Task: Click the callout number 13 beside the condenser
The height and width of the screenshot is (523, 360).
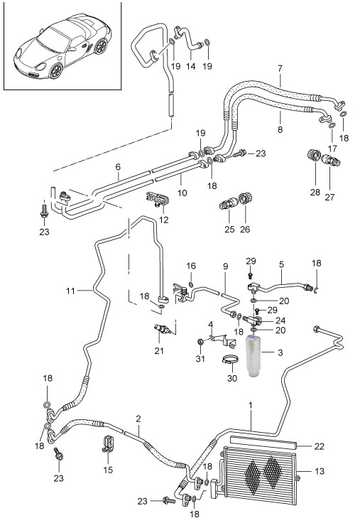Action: [x=319, y=471]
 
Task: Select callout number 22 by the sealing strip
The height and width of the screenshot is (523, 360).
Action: [x=320, y=446]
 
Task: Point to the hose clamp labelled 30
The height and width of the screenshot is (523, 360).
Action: [x=229, y=360]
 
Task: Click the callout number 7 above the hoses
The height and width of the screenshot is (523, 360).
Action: [x=280, y=69]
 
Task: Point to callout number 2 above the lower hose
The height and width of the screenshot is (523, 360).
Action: [x=138, y=419]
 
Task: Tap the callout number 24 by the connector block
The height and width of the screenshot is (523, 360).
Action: [x=280, y=320]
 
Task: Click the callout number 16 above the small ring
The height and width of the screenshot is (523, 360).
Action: [x=191, y=266]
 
